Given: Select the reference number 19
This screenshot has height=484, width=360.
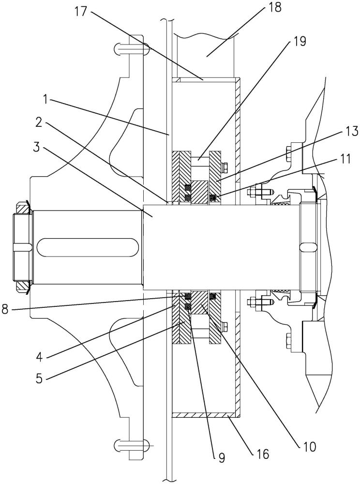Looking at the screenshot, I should click(299, 41).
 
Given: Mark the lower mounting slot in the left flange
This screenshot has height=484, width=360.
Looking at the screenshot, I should click(131, 444).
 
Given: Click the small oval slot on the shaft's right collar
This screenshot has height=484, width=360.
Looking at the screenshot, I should click(309, 247).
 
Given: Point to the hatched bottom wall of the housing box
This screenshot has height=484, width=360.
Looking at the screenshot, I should click(207, 415).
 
